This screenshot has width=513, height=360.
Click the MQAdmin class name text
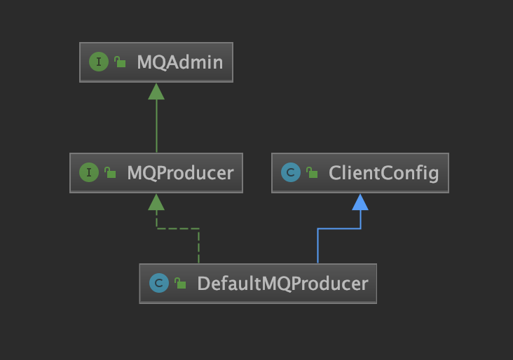(x=179, y=62)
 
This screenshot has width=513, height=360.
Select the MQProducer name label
(x=180, y=172)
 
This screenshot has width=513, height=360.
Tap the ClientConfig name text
(x=383, y=172)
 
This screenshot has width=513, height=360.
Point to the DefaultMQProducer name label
(x=282, y=284)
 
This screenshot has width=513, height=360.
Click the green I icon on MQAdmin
(x=99, y=62)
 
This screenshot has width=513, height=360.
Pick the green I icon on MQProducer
(x=89, y=172)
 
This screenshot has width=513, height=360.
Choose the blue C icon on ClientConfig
(x=290, y=172)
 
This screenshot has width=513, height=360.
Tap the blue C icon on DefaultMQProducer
(x=159, y=284)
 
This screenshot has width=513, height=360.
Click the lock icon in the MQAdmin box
(x=120, y=63)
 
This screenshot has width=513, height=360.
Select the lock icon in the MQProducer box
(x=110, y=173)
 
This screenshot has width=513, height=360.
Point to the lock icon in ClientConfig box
(x=311, y=173)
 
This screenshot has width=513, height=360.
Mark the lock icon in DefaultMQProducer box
(x=180, y=284)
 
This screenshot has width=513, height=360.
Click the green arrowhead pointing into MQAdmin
(x=156, y=91)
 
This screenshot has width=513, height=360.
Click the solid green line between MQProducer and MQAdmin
(x=156, y=126)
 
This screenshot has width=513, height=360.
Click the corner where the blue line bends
(x=317, y=228)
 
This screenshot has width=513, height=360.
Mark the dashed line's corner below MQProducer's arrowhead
(x=156, y=228)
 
